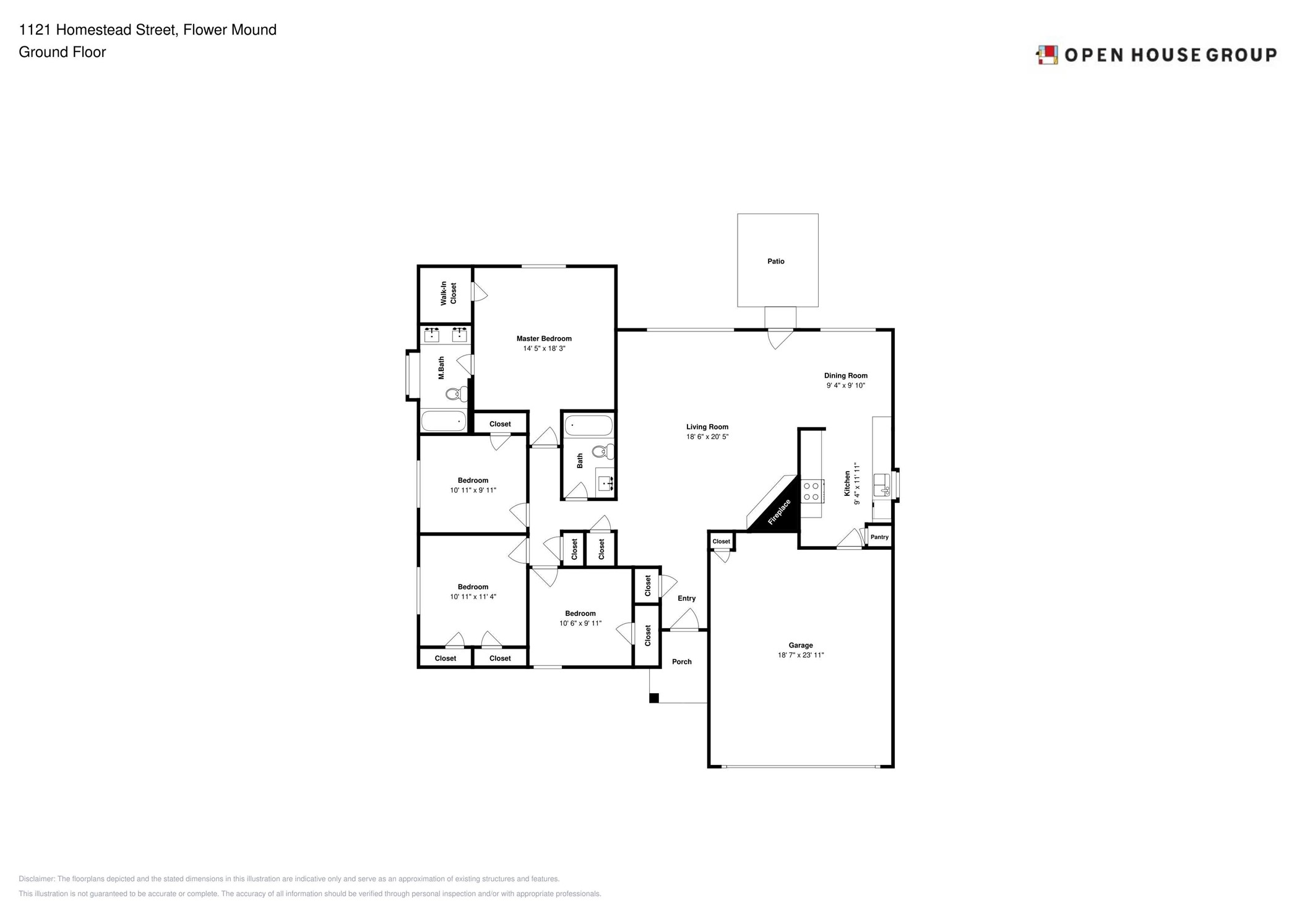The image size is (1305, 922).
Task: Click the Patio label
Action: (775, 262)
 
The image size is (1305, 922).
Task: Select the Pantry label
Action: (879, 537)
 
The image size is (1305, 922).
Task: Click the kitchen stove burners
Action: (811, 492)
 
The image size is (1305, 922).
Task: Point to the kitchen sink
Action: (881, 484)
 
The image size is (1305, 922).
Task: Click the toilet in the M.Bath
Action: (457, 393)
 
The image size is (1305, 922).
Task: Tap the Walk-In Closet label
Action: (448, 293)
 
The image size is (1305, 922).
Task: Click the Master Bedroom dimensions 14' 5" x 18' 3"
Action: (544, 349)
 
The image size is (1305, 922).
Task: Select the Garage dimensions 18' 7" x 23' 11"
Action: (800, 655)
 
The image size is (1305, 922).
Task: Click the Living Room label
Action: (707, 427)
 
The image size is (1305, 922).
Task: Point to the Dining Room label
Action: (845, 375)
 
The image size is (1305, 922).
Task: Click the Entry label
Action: (686, 598)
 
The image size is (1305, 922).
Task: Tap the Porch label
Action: (681, 662)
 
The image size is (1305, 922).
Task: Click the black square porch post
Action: (653, 698)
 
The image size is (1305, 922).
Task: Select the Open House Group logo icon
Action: (1047, 55)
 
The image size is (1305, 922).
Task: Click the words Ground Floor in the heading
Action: (62, 52)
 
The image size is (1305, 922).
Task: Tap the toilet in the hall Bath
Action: (602, 451)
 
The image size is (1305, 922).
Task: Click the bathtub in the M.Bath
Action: (443, 421)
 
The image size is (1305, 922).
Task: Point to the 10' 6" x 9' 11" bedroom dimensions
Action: (580, 623)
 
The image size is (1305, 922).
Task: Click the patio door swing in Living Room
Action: (780, 339)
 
